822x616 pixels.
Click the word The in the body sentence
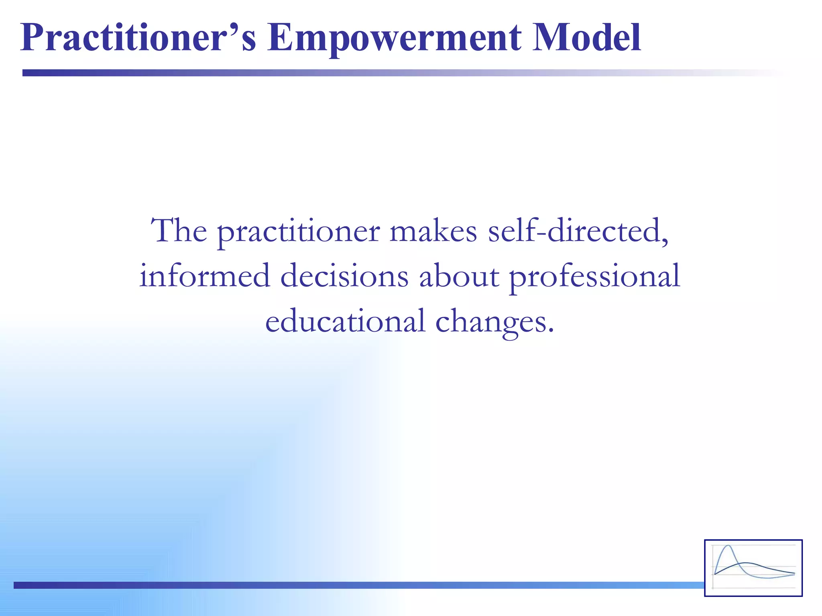tap(179, 231)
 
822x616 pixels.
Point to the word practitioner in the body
tap(299, 233)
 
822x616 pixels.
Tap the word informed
tap(204, 276)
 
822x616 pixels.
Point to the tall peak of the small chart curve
tap(728, 547)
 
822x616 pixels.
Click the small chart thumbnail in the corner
tap(753, 568)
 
